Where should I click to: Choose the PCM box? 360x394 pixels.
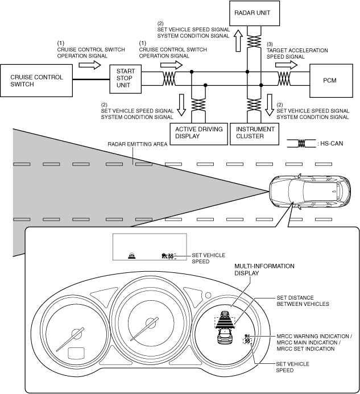[329, 80]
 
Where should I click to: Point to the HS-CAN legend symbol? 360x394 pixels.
[301, 144]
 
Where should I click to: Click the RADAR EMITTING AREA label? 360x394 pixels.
[137, 144]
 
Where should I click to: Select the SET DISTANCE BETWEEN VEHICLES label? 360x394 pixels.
[303, 301]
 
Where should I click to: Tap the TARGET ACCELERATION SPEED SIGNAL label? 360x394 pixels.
[297, 53]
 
